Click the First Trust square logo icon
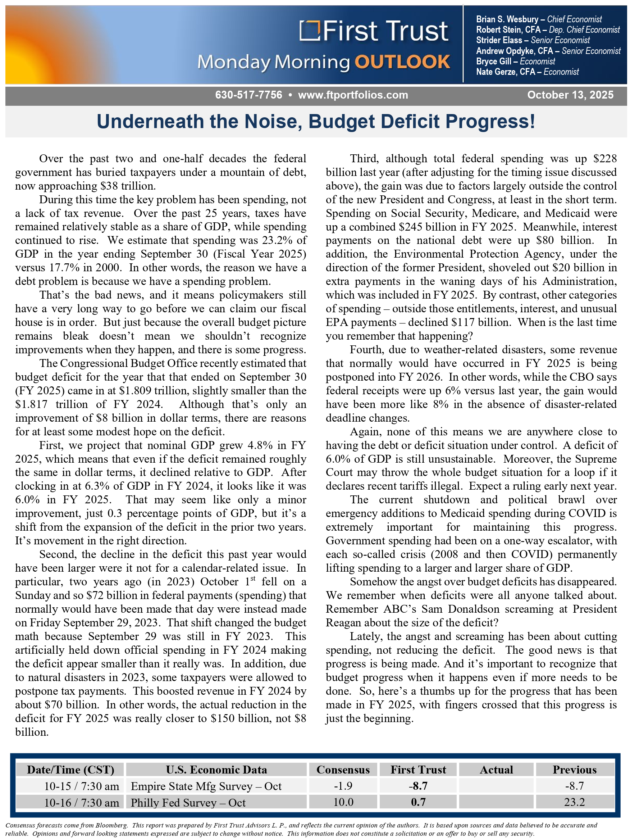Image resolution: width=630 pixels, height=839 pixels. pyautogui.click(x=309, y=30)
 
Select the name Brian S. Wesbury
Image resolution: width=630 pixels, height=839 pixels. pyautogui.click(x=507, y=19)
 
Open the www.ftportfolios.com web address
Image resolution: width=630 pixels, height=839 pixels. pyautogui.click(x=353, y=95)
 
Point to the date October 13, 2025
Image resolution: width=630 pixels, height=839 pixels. pyautogui.click(x=570, y=95)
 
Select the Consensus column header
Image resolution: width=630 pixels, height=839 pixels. pyautogui.click(x=343, y=770)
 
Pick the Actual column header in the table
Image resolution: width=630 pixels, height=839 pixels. pyautogui.click(x=496, y=770)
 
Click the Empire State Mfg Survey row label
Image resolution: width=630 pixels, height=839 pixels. pyautogui.click(x=206, y=786)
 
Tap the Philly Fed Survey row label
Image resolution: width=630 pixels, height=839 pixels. pyautogui.click(x=188, y=803)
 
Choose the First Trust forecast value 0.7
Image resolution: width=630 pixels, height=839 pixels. pyautogui.click(x=418, y=802)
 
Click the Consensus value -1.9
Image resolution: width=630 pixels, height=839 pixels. pyautogui.click(x=343, y=786)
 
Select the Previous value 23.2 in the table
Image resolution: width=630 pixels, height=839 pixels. pyautogui.click(x=574, y=802)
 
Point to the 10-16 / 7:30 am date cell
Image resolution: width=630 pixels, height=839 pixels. pyautogui.click(x=82, y=803)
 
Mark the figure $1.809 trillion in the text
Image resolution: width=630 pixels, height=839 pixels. pyautogui.click(x=150, y=391)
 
